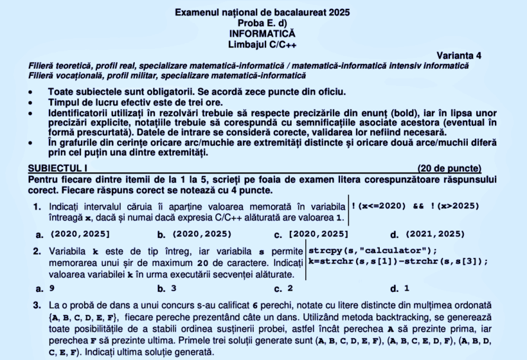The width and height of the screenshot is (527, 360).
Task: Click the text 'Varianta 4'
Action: [459, 55]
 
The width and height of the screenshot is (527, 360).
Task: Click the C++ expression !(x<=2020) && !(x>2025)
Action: [415, 206]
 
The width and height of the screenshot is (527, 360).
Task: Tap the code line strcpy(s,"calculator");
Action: [373, 250]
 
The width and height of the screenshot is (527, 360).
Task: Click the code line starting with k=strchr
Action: [398, 261]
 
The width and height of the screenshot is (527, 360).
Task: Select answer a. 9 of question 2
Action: [45, 289]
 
